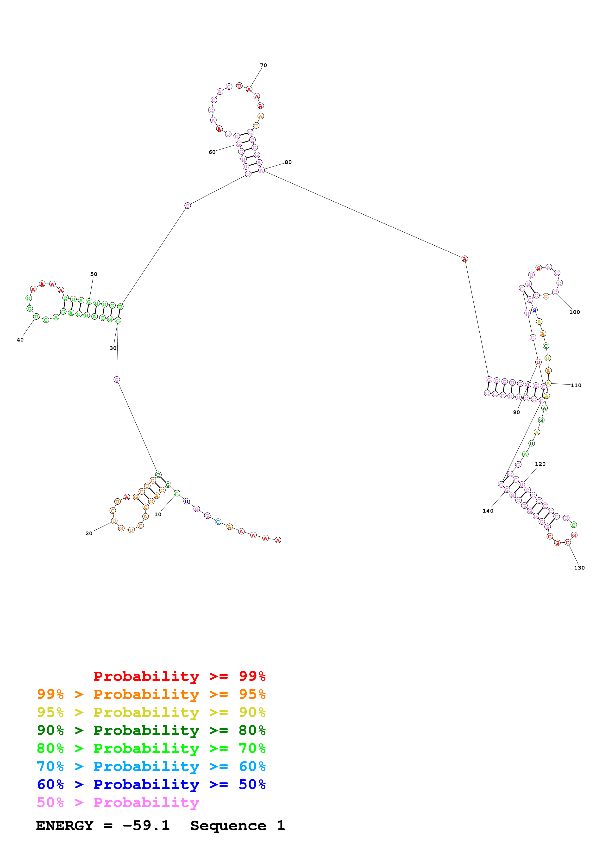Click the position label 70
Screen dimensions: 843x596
point(263,65)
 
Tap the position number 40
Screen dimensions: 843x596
point(20,340)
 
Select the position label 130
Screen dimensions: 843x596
point(579,568)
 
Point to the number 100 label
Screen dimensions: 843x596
point(574,312)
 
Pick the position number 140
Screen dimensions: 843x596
point(488,511)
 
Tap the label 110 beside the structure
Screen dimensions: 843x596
point(576,385)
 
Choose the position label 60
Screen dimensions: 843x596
point(212,152)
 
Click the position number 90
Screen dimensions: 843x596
point(516,412)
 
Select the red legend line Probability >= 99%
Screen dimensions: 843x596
point(179,676)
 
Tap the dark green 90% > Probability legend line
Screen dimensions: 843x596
point(151,730)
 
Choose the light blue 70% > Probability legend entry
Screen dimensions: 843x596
point(151,766)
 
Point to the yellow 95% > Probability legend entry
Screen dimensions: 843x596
point(151,712)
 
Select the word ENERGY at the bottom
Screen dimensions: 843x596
point(65,825)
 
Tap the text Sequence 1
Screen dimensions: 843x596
point(237,825)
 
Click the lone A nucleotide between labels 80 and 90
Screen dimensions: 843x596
point(464,259)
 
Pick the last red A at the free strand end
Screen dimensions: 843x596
point(278,540)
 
